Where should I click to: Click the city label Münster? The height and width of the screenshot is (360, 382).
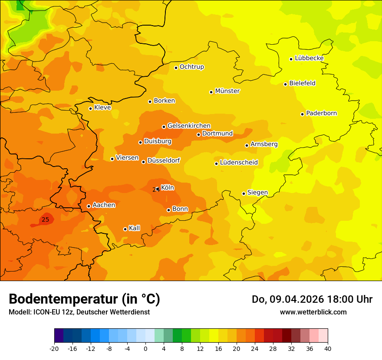point(227,91)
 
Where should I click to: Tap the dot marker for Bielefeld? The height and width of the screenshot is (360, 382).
point(286,84)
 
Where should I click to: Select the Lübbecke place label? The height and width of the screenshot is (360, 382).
point(309,58)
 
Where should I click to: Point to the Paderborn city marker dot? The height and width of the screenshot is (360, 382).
point(303,114)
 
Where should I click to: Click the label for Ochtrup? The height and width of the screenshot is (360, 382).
point(191,67)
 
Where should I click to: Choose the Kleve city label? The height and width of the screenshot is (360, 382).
point(102,108)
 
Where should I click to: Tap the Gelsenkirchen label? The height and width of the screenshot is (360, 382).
point(189,126)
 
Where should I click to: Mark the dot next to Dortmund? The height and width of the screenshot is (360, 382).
point(199,134)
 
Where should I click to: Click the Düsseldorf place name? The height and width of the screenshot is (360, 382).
point(163,160)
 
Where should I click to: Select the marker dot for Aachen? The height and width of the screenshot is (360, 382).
point(89,206)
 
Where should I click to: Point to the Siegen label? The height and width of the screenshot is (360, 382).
point(257,193)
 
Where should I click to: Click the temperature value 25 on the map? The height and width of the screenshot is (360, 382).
point(45,220)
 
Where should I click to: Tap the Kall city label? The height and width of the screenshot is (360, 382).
point(134,228)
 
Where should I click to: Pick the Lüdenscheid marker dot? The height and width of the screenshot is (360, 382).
point(216,164)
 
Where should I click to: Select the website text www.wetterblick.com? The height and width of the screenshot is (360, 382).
point(313,312)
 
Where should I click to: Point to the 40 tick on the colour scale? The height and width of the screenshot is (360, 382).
point(328,349)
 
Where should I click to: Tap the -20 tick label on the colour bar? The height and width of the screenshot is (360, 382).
point(54,349)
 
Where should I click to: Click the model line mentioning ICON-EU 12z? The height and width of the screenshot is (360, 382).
point(79,312)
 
